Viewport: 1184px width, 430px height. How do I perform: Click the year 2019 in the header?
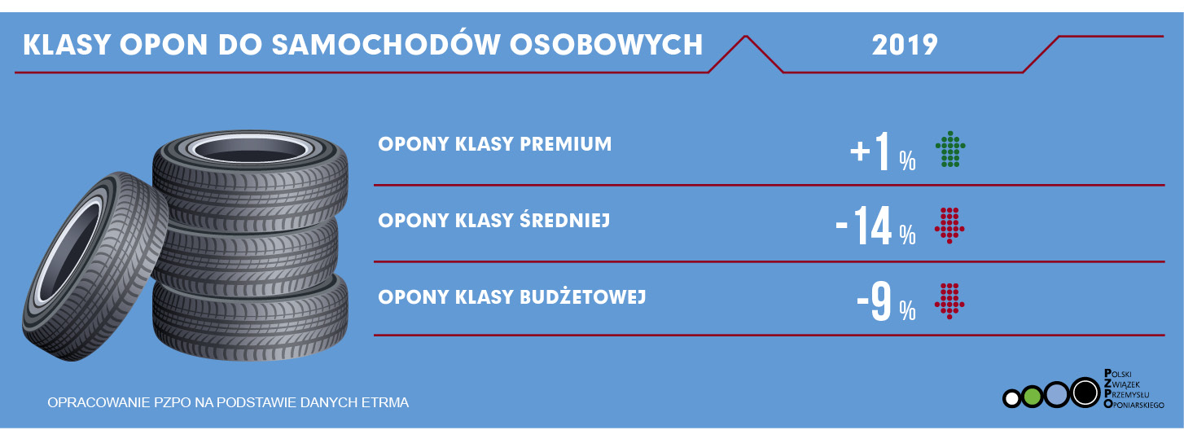(905, 45)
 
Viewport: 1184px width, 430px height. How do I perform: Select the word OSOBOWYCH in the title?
(607, 45)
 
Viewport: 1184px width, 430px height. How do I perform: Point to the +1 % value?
(883, 151)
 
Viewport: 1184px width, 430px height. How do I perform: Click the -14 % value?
(876, 226)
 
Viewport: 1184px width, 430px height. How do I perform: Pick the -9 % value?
(887, 302)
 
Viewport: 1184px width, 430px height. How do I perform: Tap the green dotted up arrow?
(950, 149)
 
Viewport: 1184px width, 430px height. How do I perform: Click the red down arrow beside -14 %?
(949, 226)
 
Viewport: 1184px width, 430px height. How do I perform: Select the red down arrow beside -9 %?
(949, 301)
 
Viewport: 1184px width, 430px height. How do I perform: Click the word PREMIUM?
(566, 144)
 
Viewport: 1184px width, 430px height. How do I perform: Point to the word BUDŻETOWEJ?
(583, 296)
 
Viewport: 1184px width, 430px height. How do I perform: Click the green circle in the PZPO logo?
(1031, 397)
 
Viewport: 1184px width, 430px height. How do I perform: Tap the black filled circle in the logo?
(1085, 393)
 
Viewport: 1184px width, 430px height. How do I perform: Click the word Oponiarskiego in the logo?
(1134, 405)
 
